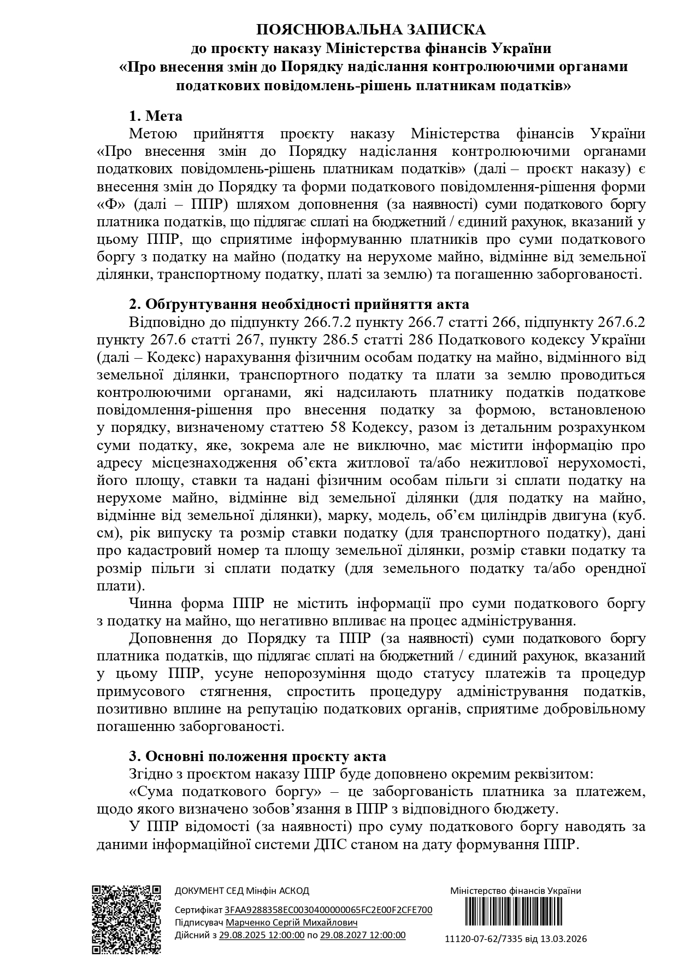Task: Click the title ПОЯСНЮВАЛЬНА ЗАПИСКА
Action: (x=371, y=30)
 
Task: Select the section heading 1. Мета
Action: (x=156, y=116)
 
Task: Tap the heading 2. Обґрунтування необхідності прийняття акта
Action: (x=299, y=305)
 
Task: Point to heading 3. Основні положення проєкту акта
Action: (x=257, y=756)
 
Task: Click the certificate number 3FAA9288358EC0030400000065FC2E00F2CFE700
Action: (x=328, y=910)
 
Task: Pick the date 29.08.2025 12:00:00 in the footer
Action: (x=262, y=935)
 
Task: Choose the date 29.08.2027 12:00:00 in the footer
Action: (x=363, y=935)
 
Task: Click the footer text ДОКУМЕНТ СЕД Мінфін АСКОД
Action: (x=241, y=891)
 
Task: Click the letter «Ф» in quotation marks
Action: (x=107, y=204)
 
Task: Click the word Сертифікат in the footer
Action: (x=198, y=910)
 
